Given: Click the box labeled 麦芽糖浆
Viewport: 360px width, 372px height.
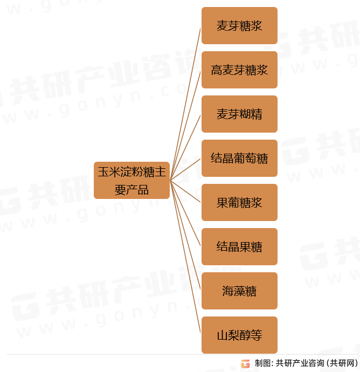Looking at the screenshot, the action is tap(239, 26).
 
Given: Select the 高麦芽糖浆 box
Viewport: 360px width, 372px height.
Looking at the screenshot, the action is tap(239, 70).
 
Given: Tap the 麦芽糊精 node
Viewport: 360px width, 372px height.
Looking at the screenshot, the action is tap(239, 114).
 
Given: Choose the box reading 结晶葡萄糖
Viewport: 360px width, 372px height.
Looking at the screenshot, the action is tap(239, 159).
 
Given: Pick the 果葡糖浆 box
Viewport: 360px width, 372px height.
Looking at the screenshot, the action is tap(239, 203).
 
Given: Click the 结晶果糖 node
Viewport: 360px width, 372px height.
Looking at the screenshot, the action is tap(239, 247).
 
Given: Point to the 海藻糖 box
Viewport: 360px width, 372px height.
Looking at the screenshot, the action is tap(239, 291).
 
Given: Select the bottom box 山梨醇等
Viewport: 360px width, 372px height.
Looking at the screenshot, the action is tap(239, 335).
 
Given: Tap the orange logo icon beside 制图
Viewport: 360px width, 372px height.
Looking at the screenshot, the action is tap(245, 363).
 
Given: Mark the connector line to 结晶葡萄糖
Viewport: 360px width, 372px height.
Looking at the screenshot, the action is tap(186, 169).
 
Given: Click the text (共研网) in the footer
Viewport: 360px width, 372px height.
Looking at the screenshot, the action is tap(343, 363).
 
